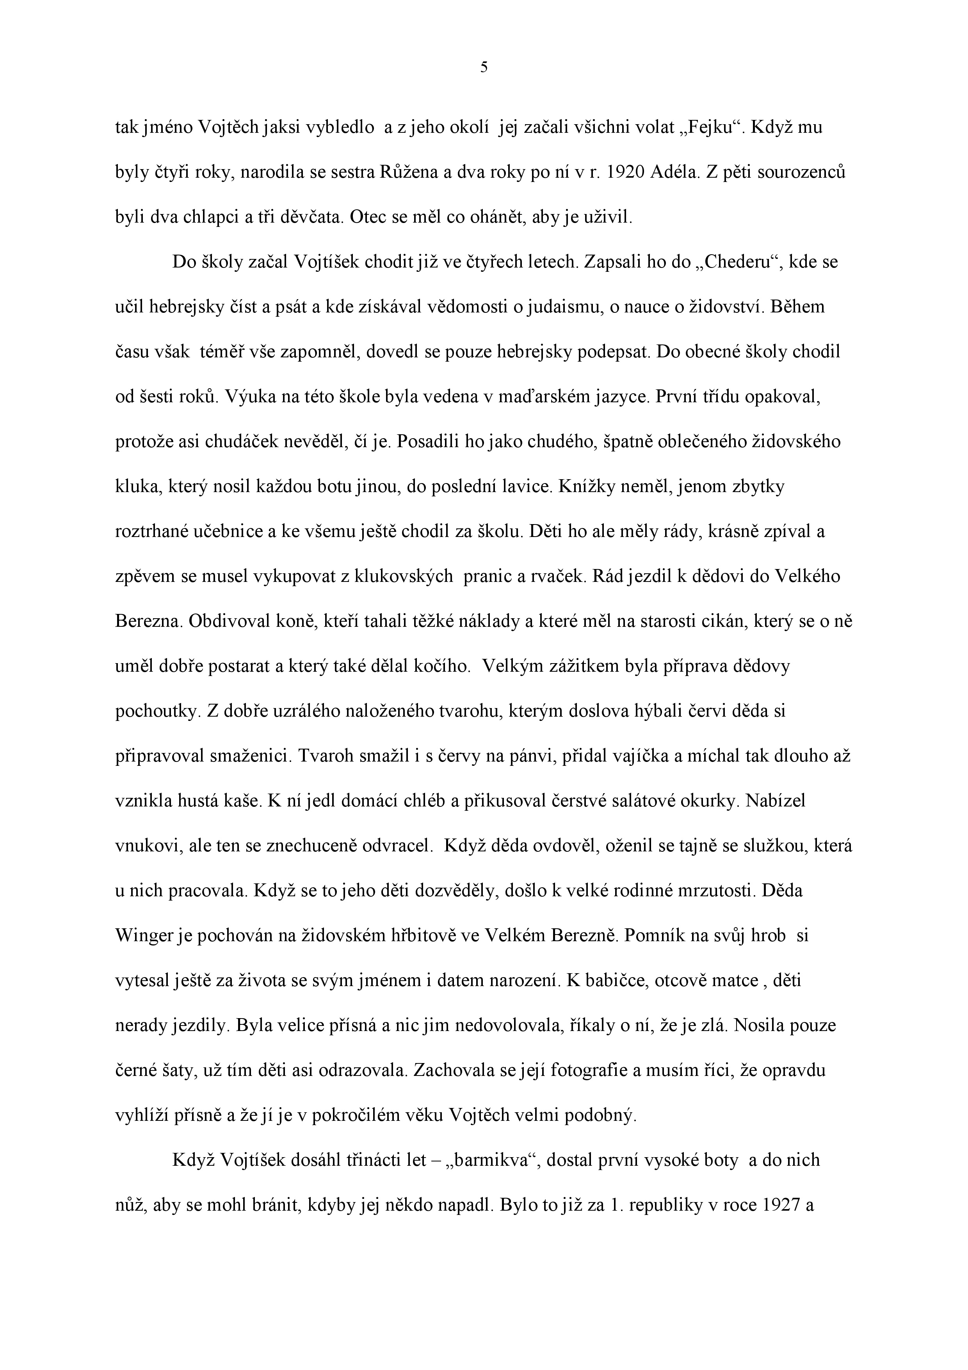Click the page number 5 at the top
coord(484,68)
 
